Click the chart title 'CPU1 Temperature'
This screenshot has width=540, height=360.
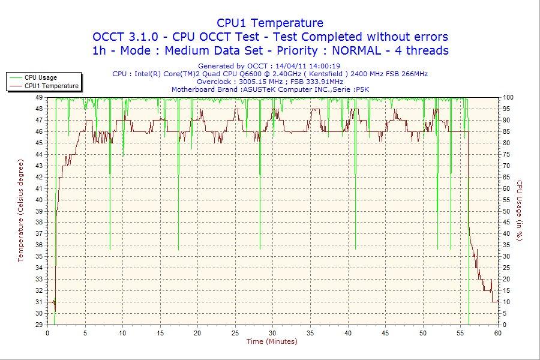(270, 23)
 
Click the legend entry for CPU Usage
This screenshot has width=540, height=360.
(41, 77)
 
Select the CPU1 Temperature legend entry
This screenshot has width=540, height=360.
(51, 86)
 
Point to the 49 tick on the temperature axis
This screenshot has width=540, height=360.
(38, 97)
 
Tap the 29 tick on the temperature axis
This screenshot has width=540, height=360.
(38, 325)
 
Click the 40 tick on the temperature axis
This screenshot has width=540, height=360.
(38, 200)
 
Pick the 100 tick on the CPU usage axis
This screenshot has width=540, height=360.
(508, 97)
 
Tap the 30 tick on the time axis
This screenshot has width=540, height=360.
(273, 333)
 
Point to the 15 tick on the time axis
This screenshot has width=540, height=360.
(160, 333)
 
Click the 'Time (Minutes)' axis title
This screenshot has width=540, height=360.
(272, 342)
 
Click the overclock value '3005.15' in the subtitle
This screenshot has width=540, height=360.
(247, 82)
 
